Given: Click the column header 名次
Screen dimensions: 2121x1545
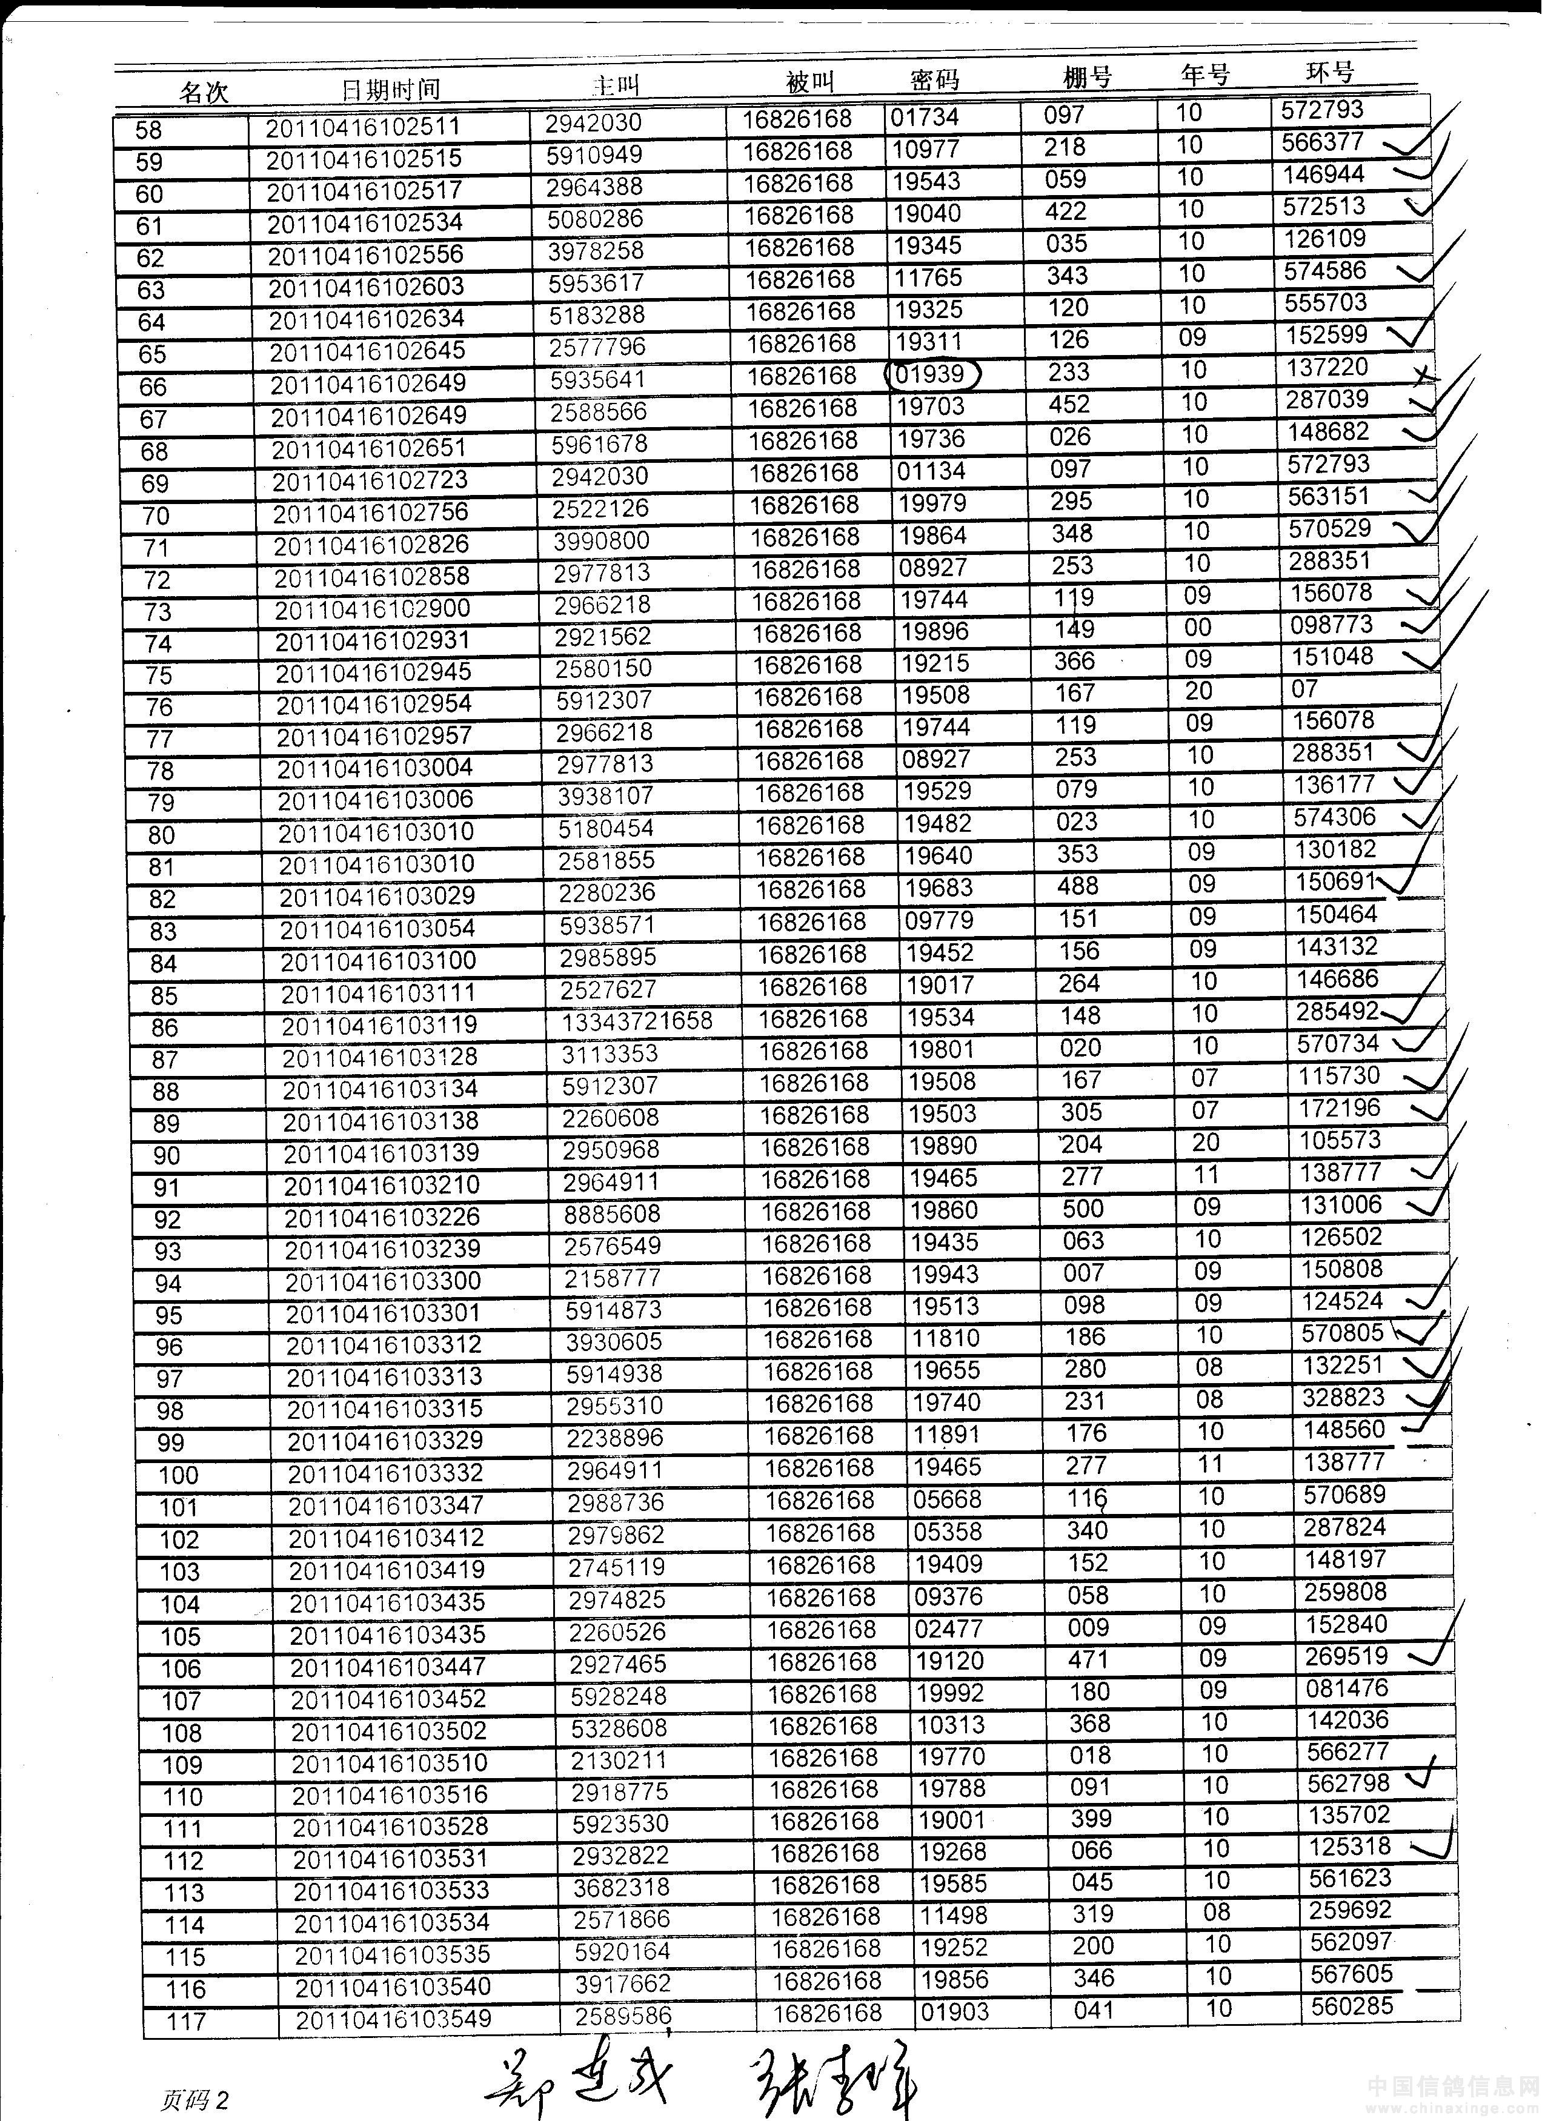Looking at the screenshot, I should click(x=204, y=91).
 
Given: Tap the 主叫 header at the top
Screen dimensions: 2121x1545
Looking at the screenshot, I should click(x=616, y=85).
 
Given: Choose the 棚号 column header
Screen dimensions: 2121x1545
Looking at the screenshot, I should click(x=1088, y=77).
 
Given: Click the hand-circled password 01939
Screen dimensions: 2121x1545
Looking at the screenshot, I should click(x=931, y=374).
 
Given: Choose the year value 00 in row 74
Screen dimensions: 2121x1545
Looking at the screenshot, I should click(x=1198, y=628).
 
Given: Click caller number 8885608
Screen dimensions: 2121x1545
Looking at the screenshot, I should click(x=612, y=1214).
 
